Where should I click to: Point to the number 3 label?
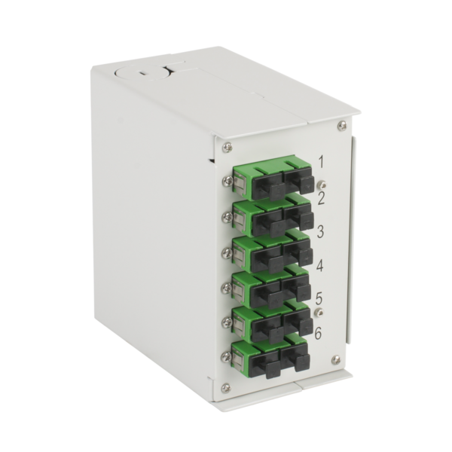pos(320,231)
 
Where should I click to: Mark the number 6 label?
pos(319,331)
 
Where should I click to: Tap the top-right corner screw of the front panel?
pos(342,125)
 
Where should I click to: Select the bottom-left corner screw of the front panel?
pos(226,388)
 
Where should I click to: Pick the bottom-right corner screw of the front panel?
pos(336,360)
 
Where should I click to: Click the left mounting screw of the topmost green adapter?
pos(226,181)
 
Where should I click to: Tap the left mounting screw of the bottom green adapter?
pos(225,355)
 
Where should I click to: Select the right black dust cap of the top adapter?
pos(299,179)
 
